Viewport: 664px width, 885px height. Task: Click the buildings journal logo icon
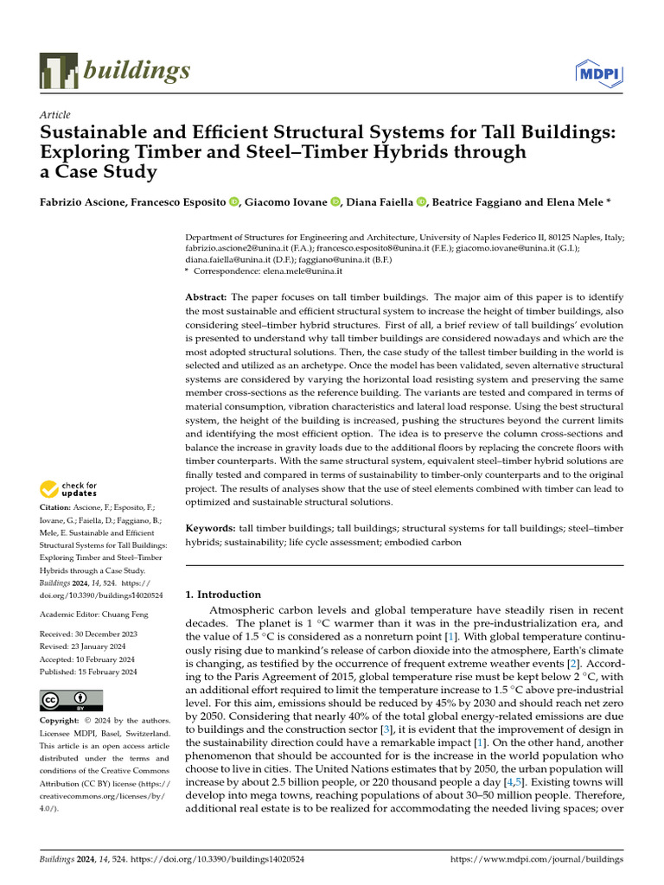point(57,72)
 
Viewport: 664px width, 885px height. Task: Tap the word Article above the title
point(55,115)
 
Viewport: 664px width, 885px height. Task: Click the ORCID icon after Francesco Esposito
point(234,202)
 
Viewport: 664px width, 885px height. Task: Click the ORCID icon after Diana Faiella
point(421,202)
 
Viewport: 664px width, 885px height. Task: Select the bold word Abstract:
point(207,296)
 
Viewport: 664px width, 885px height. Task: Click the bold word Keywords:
point(211,527)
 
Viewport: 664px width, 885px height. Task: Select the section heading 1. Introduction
point(224,595)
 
